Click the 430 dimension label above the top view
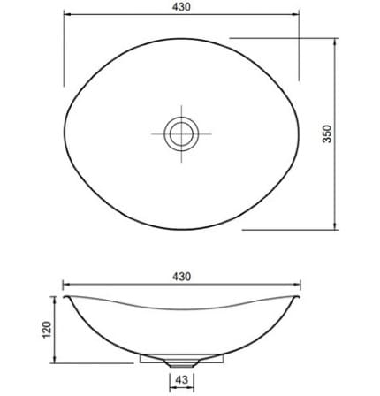[181, 6]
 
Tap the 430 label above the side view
[181, 276]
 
